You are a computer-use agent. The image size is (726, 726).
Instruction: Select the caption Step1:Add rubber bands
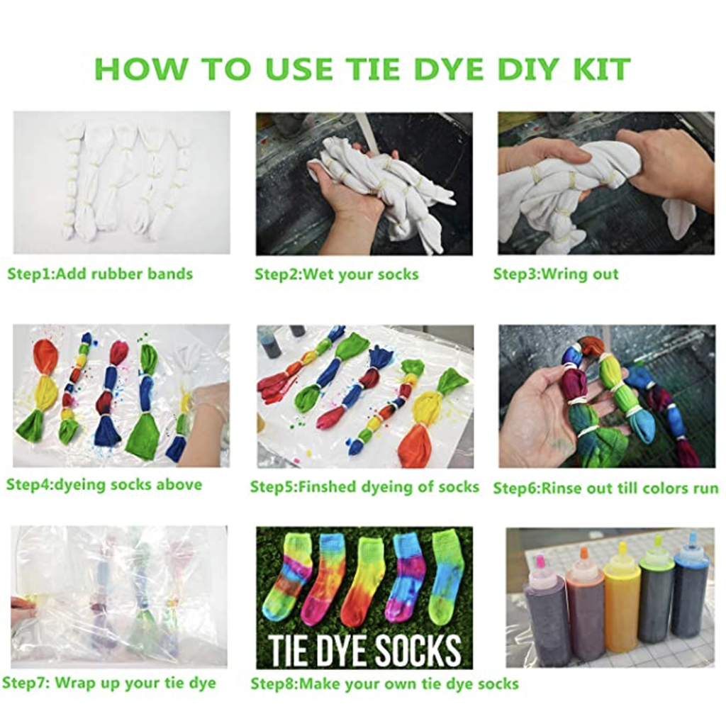[100, 274]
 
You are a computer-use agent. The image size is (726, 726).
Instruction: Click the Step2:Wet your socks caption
[336, 274]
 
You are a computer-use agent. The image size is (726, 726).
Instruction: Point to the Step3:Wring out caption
[556, 274]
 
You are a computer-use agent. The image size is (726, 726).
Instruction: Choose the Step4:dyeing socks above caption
[104, 485]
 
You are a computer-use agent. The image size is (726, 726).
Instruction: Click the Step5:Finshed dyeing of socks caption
[364, 487]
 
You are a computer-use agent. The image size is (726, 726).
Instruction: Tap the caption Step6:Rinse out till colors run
[605, 488]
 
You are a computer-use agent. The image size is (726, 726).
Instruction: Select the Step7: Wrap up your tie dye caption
[109, 683]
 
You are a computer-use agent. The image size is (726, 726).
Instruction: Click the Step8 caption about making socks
[384, 684]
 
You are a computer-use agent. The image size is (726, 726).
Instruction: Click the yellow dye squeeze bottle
[621, 603]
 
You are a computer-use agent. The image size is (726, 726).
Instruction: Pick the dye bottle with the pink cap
[546, 613]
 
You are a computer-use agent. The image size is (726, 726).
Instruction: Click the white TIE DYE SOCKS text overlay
[364, 649]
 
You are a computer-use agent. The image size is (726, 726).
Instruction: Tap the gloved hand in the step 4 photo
[207, 418]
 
